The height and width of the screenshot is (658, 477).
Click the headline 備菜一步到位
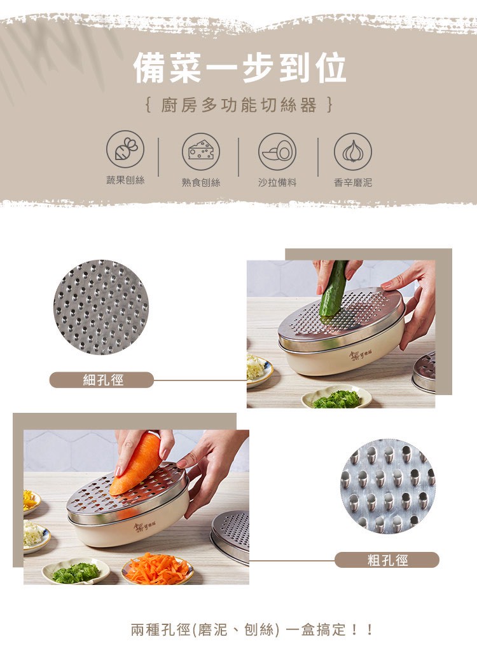pyautogui.click(x=239, y=69)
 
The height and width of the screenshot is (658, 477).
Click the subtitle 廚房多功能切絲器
pyautogui.click(x=238, y=105)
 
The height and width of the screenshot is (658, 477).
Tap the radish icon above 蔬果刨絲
pyautogui.click(x=125, y=151)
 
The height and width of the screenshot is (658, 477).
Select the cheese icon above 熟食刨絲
pyautogui.click(x=201, y=151)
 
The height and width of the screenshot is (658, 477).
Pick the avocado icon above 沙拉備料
pyautogui.click(x=277, y=151)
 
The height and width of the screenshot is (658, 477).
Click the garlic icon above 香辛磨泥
pyautogui.click(x=353, y=151)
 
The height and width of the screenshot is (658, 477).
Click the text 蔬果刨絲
pyautogui.click(x=125, y=180)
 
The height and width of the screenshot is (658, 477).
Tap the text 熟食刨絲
pyautogui.click(x=201, y=182)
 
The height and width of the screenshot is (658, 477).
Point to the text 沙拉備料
pyautogui.click(x=277, y=182)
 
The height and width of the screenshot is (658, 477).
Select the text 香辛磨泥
pyautogui.click(x=353, y=182)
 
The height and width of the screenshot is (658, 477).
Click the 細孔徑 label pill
pyautogui.click(x=102, y=380)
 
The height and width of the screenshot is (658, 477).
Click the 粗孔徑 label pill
pyautogui.click(x=387, y=560)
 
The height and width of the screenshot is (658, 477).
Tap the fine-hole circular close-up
pyautogui.click(x=101, y=307)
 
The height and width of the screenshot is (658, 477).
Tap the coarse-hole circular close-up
pyautogui.click(x=388, y=486)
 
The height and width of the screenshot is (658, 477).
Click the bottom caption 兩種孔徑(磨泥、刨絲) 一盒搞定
pyautogui.click(x=252, y=629)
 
